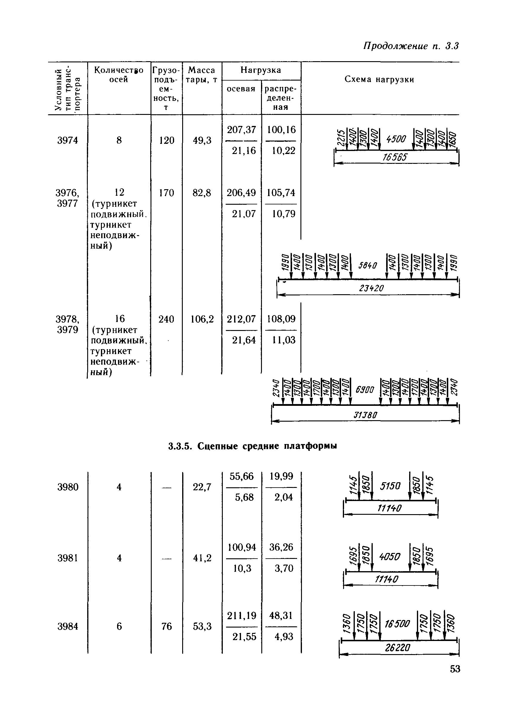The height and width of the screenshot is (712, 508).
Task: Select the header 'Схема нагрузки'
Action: (x=379, y=80)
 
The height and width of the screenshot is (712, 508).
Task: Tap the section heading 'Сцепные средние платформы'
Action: (x=252, y=446)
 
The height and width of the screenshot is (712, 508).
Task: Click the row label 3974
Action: (x=67, y=140)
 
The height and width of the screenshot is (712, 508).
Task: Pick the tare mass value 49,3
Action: (x=202, y=140)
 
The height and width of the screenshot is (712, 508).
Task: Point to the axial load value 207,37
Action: (x=241, y=130)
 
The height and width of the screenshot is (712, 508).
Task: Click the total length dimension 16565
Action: (x=395, y=157)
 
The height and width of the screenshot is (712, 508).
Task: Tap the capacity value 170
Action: (x=166, y=193)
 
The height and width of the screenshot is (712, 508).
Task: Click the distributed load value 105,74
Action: (x=281, y=193)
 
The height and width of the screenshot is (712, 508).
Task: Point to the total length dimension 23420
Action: (x=371, y=288)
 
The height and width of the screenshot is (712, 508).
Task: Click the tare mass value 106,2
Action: (x=202, y=319)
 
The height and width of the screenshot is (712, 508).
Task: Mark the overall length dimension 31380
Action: (x=365, y=415)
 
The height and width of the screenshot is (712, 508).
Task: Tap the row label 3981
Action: (x=67, y=558)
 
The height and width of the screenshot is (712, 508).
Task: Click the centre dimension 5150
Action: (x=390, y=486)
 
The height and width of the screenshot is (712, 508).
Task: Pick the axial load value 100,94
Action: (x=242, y=547)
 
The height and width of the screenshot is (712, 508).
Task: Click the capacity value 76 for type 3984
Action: (x=166, y=626)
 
